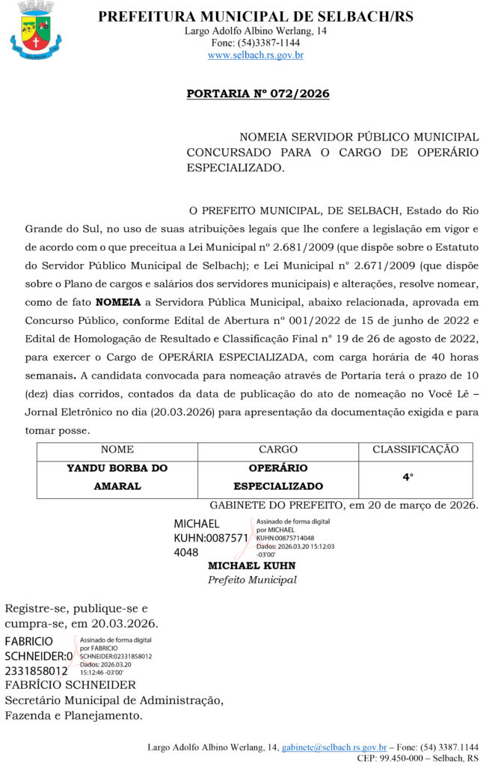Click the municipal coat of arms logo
(x=36, y=31)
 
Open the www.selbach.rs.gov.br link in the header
(x=256, y=55)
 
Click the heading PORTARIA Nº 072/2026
(x=257, y=94)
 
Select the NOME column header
(x=117, y=450)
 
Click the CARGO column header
(x=278, y=450)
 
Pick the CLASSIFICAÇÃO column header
(x=415, y=450)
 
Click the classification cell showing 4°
(x=408, y=477)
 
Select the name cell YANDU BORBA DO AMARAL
(x=117, y=477)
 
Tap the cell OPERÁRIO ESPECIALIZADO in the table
(x=278, y=477)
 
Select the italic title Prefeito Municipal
(x=252, y=580)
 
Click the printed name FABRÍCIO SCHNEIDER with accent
(x=70, y=685)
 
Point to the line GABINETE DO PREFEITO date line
(x=344, y=506)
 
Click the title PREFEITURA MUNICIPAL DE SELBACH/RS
(x=256, y=16)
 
